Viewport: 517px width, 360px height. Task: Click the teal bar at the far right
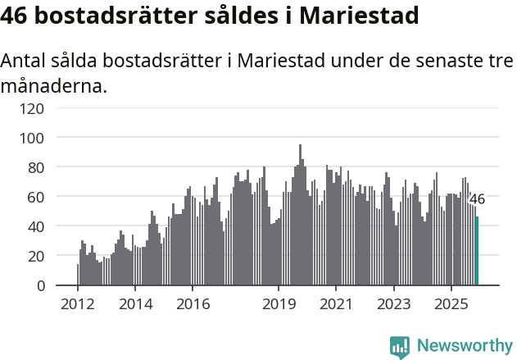[478, 251]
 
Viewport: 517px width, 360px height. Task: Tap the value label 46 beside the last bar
[476, 199]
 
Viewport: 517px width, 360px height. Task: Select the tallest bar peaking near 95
[300, 215]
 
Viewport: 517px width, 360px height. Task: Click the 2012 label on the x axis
[78, 304]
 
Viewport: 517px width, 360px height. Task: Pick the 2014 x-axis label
[135, 304]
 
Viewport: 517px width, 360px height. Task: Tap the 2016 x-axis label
[193, 304]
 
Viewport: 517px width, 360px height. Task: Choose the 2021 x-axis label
[336, 304]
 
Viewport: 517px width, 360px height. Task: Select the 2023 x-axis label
[393, 304]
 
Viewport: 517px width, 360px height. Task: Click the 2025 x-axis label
[451, 304]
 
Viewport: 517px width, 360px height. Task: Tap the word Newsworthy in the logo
[464, 345]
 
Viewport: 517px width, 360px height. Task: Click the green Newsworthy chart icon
[400, 346]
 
